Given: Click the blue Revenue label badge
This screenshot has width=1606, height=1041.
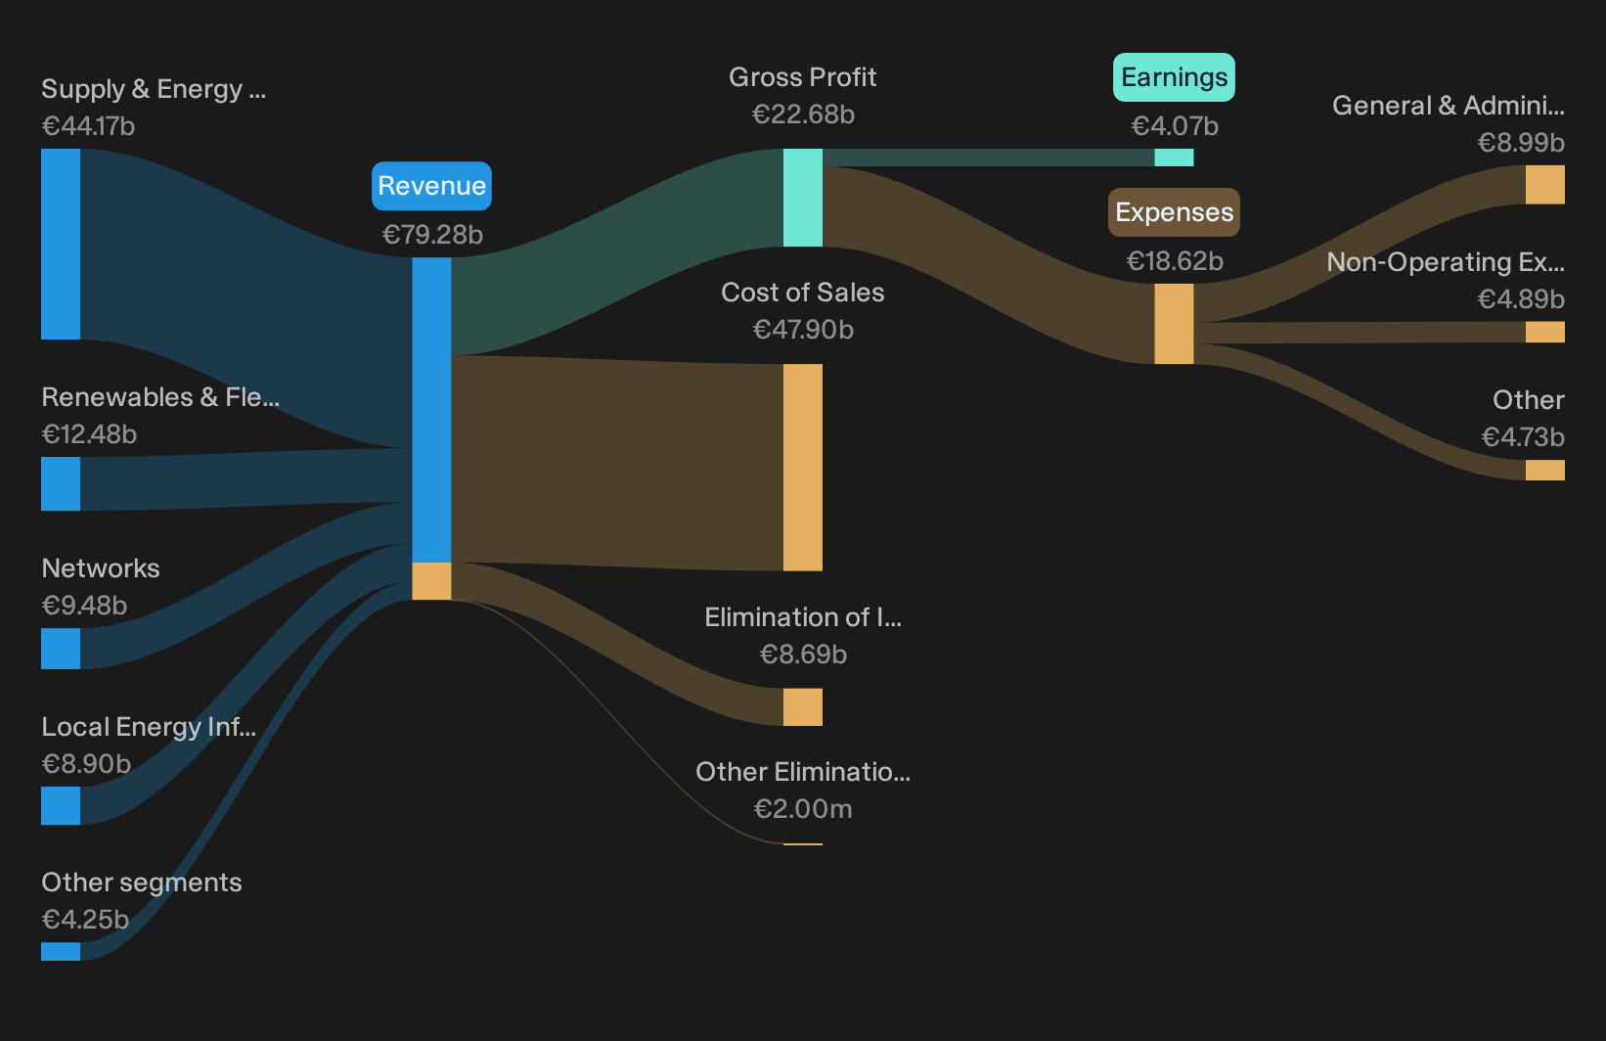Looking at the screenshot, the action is click(x=431, y=186).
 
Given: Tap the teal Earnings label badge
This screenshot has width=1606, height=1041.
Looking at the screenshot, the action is click(x=1174, y=77).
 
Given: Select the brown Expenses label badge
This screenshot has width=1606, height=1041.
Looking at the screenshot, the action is click(x=1174, y=212).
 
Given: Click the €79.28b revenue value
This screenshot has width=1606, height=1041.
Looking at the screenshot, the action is click(x=432, y=235).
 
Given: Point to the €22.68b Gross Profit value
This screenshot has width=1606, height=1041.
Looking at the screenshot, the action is click(x=803, y=114).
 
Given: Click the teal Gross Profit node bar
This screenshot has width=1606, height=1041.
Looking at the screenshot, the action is click(x=803, y=198).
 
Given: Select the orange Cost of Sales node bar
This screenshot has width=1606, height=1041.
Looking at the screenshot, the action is click(x=803, y=468).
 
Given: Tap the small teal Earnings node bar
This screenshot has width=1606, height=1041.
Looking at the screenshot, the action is click(x=1174, y=158).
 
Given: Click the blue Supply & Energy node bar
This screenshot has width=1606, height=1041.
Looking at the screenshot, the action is click(x=61, y=244).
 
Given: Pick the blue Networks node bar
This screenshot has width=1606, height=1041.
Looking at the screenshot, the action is click(x=61, y=649).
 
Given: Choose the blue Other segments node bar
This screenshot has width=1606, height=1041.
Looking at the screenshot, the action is click(x=61, y=951).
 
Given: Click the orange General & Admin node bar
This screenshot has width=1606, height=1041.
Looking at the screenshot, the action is click(x=1545, y=185).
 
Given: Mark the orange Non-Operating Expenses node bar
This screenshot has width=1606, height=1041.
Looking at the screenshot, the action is click(x=1545, y=333).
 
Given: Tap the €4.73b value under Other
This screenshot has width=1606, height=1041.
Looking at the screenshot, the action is click(x=1523, y=437).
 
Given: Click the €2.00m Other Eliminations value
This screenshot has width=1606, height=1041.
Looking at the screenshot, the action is click(x=803, y=809).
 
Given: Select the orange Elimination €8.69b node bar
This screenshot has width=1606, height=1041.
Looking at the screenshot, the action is click(x=803, y=707).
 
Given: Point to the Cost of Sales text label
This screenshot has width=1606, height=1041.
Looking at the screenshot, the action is click(x=803, y=293).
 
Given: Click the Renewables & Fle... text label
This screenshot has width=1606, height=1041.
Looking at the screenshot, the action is click(x=160, y=397).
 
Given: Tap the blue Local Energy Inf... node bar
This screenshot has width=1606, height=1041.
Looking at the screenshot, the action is click(x=61, y=805).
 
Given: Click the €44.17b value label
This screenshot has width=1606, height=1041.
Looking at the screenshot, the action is click(x=88, y=126).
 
